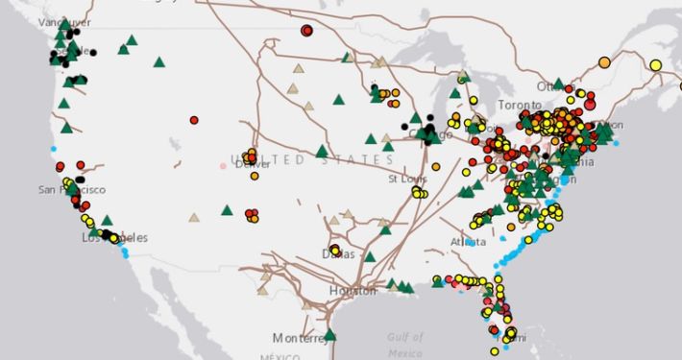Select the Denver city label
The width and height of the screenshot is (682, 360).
pyautogui.click(x=254, y=164)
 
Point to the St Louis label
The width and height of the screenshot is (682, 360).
pyautogui.click(x=405, y=179)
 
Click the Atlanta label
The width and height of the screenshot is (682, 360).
pyautogui.click(x=468, y=242)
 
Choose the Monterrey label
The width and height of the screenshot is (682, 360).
pyautogui.click(x=299, y=339)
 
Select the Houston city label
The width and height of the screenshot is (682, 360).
pyautogui.click(x=353, y=291)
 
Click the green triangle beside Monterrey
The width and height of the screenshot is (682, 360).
pyautogui.click(x=330, y=335)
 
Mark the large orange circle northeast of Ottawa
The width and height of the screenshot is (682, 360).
pyautogui.click(x=604, y=62)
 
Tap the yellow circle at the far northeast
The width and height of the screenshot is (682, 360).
pyautogui.click(x=655, y=65)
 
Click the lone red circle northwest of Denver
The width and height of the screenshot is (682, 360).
pyautogui.click(x=194, y=120)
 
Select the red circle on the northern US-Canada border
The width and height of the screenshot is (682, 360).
pyautogui.click(x=306, y=31)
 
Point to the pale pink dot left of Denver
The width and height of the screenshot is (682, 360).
pyautogui.click(x=223, y=165)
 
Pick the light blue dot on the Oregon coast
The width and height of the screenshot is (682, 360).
pyautogui.click(x=54, y=149)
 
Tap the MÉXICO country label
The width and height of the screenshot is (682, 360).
pyautogui.click(x=254, y=356)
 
